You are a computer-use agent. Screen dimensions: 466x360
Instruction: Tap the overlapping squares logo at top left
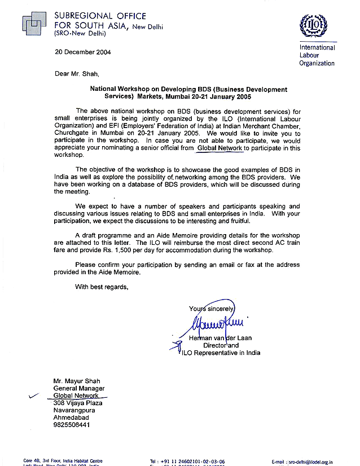[36, 23]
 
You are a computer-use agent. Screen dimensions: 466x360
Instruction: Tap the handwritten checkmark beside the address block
[34, 397]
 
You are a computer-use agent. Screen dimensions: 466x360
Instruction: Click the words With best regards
[102, 287]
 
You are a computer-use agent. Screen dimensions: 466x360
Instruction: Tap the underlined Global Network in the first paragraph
[220, 148]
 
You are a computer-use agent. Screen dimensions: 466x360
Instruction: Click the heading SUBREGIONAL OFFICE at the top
[100, 16]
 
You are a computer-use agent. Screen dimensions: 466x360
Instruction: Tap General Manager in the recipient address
[79, 388]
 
